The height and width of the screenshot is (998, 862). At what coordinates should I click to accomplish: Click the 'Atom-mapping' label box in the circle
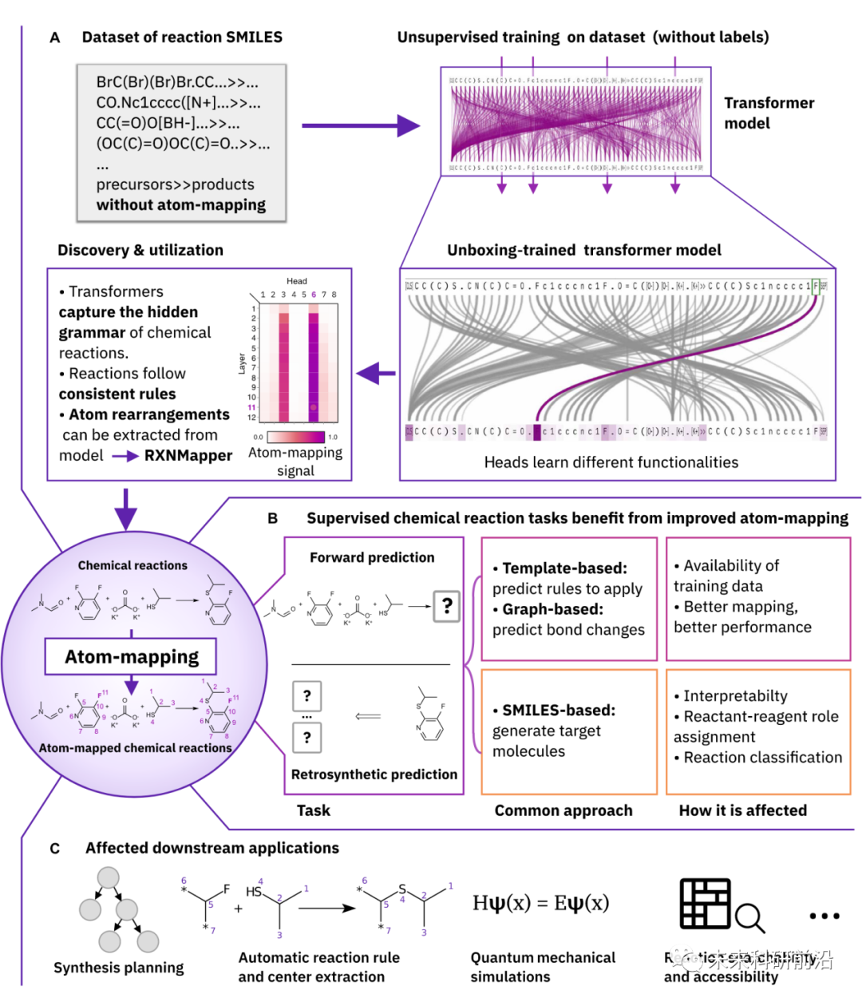pos(131,657)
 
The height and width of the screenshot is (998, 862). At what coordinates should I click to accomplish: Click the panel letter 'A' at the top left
pos(54,38)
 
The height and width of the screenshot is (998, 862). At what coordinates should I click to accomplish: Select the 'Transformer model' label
pos(757,113)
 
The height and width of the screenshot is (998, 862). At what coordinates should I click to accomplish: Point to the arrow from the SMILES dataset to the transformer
pos(360,125)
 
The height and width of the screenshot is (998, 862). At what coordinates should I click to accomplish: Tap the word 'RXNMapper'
pos(188,456)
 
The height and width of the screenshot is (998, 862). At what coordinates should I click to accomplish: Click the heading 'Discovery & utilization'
pos(140,250)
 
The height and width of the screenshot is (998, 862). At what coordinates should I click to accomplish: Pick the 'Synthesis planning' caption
pos(118,968)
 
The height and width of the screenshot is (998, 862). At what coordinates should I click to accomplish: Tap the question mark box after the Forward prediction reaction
pos(447,606)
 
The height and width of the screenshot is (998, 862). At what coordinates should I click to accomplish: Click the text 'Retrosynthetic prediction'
pos(374,774)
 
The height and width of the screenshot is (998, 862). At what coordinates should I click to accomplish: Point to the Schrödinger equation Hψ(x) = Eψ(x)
pos(540,903)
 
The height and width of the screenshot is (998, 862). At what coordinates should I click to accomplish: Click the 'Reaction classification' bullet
pos(762,758)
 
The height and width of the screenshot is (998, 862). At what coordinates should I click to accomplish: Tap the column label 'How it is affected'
pos(742,810)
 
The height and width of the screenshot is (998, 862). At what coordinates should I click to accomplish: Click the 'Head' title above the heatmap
pos(297,281)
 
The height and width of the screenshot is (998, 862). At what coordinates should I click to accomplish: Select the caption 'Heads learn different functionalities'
pos(611,462)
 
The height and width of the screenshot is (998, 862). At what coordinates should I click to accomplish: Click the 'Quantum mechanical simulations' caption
pos(543,967)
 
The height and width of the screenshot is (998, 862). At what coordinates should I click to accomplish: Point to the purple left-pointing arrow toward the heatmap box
pos(376,373)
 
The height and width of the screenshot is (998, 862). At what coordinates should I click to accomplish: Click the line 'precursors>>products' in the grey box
pos(176,184)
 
